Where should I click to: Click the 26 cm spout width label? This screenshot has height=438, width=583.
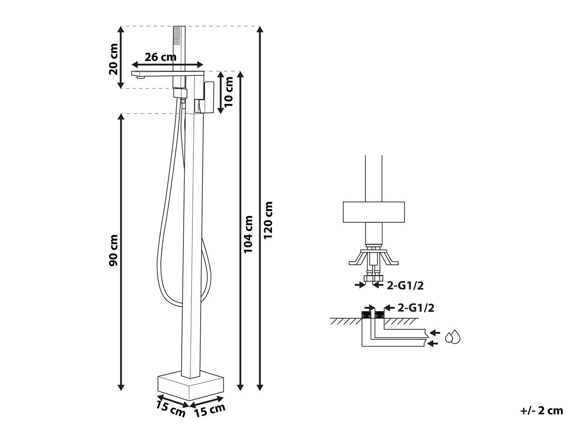click(160, 57)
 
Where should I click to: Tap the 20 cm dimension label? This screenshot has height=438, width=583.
click(113, 59)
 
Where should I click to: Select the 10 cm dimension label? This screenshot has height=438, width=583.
click(228, 92)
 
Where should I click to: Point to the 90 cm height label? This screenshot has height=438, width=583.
click(113, 250)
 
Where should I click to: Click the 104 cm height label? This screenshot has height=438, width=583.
click(248, 235)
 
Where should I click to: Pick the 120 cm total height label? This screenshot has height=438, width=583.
click(268, 220)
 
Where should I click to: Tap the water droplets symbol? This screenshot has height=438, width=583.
click(453, 337)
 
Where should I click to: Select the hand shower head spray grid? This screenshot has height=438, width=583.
click(176, 36)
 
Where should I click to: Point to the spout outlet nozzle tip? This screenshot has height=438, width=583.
click(140, 77)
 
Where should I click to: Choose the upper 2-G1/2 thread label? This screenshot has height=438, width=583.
click(405, 285)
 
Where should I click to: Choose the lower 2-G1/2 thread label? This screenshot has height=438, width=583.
click(416, 308)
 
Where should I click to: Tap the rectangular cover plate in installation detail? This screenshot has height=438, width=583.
click(374, 212)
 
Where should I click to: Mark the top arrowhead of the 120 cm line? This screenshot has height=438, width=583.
click(260, 29)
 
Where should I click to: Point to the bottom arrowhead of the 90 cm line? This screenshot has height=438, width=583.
click(121, 387)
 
